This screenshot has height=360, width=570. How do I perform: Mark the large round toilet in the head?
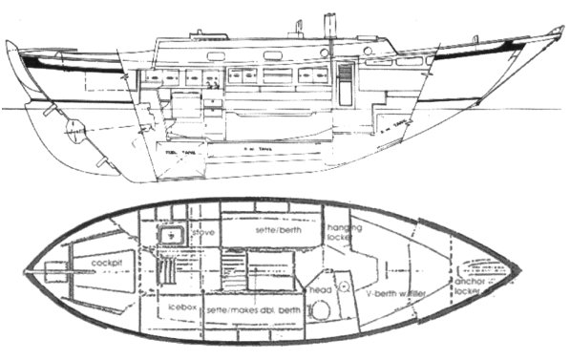[320, 311]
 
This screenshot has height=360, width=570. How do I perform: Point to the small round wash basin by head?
[345, 284]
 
